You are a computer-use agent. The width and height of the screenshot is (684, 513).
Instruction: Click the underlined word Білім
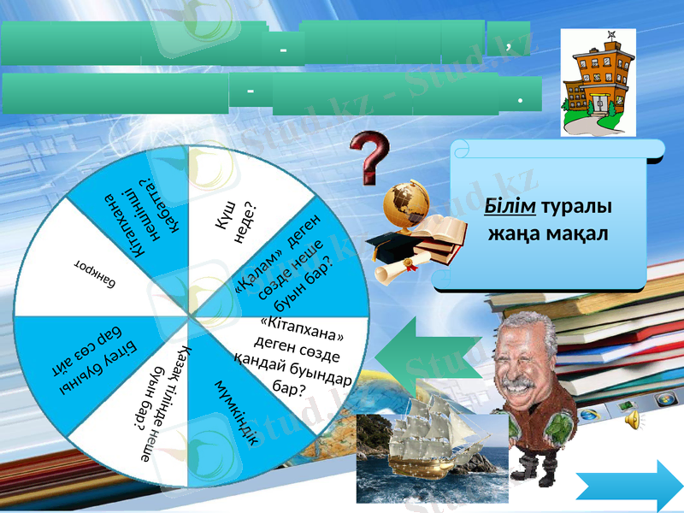pos(504,208)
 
